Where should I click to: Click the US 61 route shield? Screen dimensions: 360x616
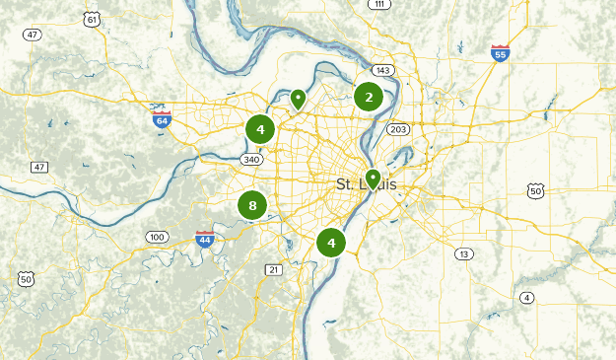click(x=92, y=19)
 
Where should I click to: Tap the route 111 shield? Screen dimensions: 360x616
click(x=378, y=5)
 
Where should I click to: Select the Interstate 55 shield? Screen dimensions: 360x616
click(x=501, y=52)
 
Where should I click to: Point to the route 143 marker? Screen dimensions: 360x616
click(x=382, y=70)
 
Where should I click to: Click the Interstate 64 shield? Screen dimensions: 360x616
click(x=162, y=118)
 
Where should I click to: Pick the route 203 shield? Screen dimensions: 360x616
click(x=398, y=129)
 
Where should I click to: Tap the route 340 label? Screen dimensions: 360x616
click(x=251, y=159)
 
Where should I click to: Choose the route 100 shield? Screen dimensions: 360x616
click(x=157, y=237)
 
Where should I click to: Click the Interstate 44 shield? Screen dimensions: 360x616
click(x=205, y=239)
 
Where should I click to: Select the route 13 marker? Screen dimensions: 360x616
click(x=463, y=253)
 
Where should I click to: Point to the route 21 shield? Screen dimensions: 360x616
click(x=273, y=269)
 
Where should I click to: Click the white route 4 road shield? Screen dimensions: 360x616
click(x=527, y=298)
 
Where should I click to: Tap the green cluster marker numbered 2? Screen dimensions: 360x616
click(x=369, y=97)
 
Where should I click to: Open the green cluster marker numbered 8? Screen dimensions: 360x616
click(x=252, y=206)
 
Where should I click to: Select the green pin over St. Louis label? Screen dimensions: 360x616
click(x=373, y=179)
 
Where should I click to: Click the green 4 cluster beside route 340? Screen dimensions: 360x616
click(x=260, y=129)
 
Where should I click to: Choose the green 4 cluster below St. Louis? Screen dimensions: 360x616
click(x=331, y=242)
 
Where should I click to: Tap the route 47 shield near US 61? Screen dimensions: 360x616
click(x=34, y=35)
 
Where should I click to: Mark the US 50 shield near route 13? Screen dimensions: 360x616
click(x=535, y=190)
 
